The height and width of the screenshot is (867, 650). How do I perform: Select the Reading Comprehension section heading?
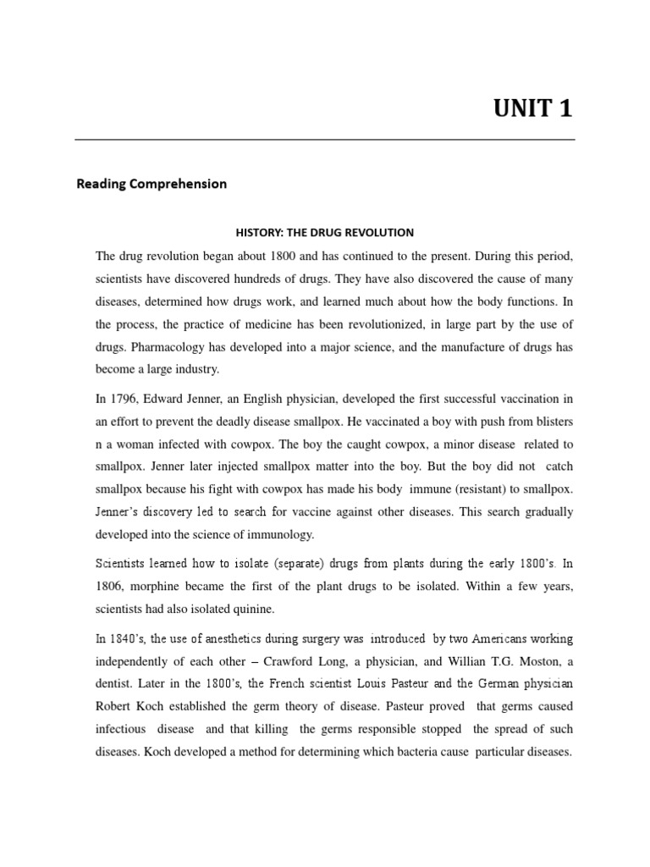(151, 184)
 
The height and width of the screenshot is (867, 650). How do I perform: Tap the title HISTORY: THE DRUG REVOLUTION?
(324, 232)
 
